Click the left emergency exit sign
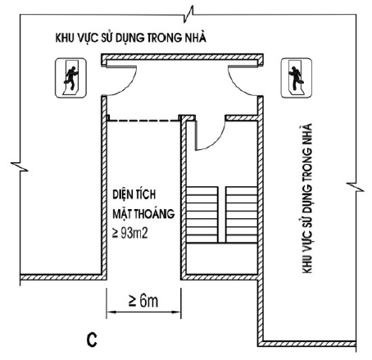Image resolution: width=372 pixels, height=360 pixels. (x=70, y=78)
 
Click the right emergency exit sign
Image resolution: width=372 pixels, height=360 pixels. (x=297, y=78)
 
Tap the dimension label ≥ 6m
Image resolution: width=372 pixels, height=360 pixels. (x=143, y=301)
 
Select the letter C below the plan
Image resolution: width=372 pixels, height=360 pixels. (x=92, y=339)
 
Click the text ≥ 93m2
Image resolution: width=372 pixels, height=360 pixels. (x=130, y=233)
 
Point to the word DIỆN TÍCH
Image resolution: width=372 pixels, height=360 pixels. (x=134, y=194)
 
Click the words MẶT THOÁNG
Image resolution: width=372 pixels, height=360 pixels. (x=143, y=212)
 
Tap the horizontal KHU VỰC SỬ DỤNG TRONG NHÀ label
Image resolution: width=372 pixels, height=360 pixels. (x=131, y=37)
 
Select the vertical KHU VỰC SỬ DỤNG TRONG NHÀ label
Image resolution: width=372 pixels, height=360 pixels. (x=307, y=198)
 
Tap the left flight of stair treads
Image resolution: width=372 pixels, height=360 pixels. (x=202, y=215)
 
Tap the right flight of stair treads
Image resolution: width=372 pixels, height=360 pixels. (x=242, y=215)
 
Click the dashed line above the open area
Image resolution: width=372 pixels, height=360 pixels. (x=143, y=121)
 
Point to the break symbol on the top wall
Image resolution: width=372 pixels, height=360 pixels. (x=189, y=14)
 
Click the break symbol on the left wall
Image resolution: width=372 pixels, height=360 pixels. (x=20, y=166)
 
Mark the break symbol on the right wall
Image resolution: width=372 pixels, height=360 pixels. (x=356, y=187)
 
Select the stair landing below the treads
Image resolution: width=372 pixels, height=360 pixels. (x=222, y=258)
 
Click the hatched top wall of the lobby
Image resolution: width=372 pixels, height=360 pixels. (x=183, y=57)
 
